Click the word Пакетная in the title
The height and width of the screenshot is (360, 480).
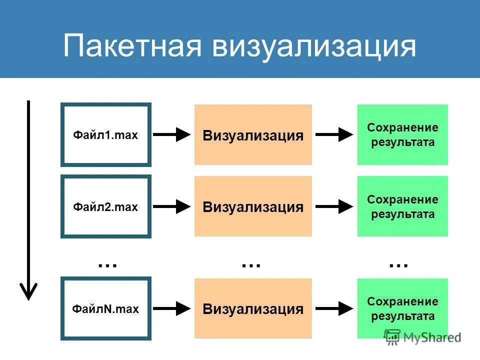point(132,46)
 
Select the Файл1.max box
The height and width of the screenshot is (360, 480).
point(105,134)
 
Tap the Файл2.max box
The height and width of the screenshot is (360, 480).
point(105,206)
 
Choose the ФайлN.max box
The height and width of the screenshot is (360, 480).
point(105,309)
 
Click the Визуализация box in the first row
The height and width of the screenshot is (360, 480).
point(253,135)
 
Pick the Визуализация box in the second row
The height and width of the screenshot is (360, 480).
point(253,206)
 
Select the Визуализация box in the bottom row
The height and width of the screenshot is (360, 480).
point(253,308)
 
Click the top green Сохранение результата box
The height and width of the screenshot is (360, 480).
point(402,134)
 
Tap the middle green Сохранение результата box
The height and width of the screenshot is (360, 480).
point(402,206)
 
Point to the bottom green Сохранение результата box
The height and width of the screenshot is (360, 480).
point(402,308)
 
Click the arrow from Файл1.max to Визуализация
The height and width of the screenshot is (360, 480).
point(172,134)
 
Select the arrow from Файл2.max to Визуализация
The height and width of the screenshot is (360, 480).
point(172,206)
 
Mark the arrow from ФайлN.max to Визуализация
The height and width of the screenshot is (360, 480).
point(172,309)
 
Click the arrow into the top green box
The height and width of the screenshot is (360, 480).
point(334,134)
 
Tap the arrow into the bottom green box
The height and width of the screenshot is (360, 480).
point(334,308)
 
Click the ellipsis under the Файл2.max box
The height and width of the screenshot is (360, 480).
point(107,263)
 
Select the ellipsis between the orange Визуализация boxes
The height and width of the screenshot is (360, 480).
point(251,263)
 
